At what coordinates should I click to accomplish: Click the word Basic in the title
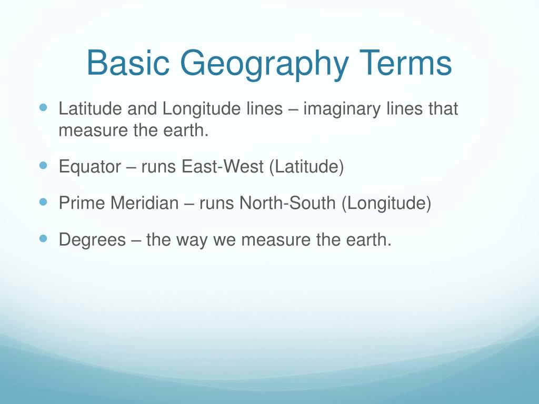tap(128, 64)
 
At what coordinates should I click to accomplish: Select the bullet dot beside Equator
tap(43, 166)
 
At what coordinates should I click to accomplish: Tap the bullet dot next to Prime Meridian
tap(43, 202)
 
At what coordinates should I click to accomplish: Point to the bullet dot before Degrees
tap(43, 238)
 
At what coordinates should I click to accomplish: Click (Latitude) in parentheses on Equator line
tap(306, 167)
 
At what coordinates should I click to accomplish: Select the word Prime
tap(82, 203)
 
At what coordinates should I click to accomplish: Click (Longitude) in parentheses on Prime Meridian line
tap(386, 204)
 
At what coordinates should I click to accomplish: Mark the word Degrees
tap(93, 240)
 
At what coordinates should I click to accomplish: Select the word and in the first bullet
tap(142, 109)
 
